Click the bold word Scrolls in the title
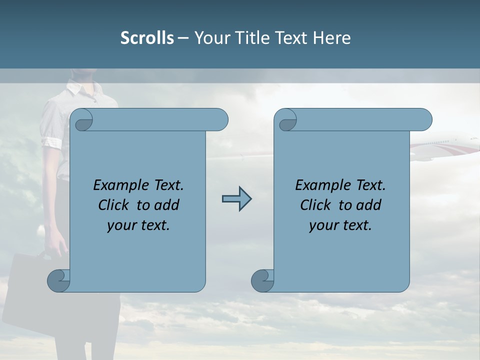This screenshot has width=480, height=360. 147,38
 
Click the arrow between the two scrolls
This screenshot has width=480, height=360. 236,199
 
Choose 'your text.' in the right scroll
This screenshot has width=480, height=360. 340,225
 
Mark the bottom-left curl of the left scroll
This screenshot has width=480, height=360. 58,281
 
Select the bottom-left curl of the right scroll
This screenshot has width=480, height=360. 262,281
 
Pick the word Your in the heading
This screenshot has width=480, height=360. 210,38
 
